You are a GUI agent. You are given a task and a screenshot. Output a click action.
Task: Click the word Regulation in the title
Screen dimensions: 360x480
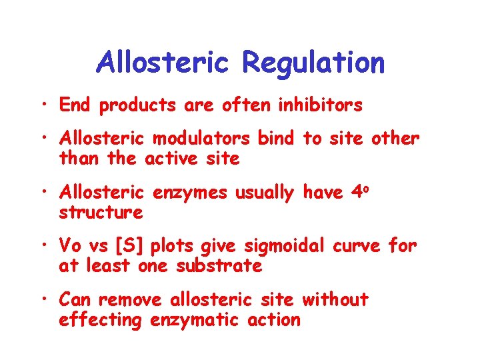313,63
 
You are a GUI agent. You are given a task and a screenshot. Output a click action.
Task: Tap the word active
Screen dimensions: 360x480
181,159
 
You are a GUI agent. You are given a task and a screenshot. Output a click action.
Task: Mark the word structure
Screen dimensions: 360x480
101,213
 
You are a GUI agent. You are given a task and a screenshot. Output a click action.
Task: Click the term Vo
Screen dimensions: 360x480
70,245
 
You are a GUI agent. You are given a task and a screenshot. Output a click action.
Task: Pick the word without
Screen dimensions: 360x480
335,300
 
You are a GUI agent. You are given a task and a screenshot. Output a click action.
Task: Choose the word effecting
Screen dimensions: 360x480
101,321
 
